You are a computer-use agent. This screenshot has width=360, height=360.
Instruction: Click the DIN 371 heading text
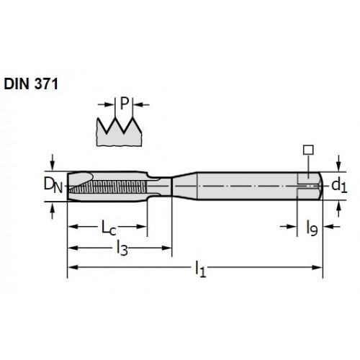click(x=31, y=84)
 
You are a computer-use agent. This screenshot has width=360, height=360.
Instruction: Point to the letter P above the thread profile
click(x=125, y=104)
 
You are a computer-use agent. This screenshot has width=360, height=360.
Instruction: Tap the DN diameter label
click(x=53, y=186)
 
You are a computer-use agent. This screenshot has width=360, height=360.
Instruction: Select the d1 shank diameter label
click(x=339, y=186)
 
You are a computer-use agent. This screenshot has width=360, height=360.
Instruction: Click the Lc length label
click(x=109, y=228)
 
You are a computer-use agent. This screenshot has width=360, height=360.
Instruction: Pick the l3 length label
click(x=122, y=248)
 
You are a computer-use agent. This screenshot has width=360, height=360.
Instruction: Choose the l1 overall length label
click(x=200, y=269)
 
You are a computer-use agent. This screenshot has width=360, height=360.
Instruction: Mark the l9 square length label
click(x=312, y=228)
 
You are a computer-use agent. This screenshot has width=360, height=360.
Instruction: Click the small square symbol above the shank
click(x=308, y=150)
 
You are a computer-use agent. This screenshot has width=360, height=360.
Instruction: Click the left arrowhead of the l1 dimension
click(x=73, y=267)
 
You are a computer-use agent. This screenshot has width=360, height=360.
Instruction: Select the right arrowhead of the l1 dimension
click(x=317, y=267)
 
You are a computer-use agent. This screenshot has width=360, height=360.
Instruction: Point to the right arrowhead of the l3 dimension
click(x=166, y=248)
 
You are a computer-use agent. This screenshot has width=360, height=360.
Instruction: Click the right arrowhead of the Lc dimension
click(x=142, y=227)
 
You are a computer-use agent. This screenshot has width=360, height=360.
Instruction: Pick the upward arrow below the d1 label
click(x=338, y=210)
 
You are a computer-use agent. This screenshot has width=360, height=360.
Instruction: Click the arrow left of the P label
click(x=106, y=104)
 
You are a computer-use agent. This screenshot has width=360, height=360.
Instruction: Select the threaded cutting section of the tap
click(x=107, y=186)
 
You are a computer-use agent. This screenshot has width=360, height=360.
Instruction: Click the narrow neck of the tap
click(x=160, y=186)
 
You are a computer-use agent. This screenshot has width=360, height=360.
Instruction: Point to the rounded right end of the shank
click(x=320, y=186)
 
